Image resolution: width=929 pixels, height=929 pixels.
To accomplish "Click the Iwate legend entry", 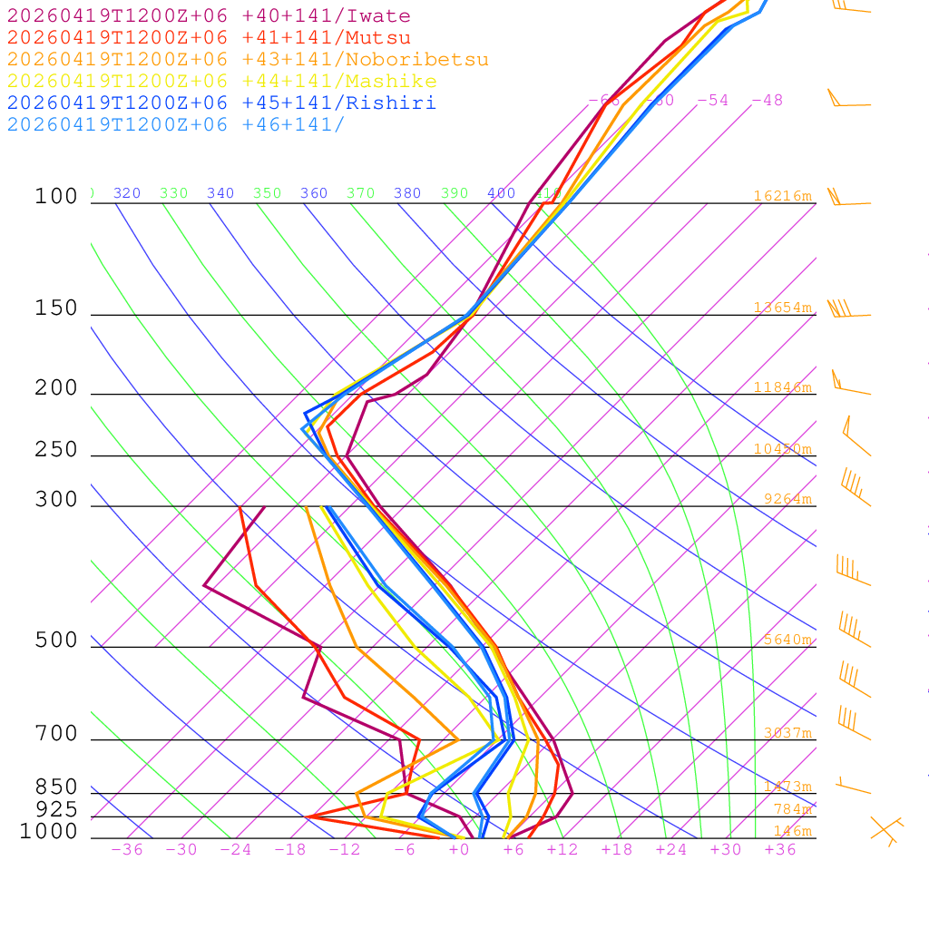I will tap(209, 16).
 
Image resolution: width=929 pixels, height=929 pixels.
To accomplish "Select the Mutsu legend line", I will tap(209, 38).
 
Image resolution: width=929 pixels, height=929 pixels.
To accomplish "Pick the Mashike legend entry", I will tap(221, 82).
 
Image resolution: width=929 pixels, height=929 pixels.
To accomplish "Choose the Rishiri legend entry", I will tap(221, 103).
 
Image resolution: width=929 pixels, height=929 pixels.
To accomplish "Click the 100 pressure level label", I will tap(56, 196).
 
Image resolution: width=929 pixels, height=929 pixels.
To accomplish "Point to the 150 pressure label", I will tap(56, 308).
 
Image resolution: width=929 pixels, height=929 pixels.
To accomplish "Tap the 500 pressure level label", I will tap(56, 641).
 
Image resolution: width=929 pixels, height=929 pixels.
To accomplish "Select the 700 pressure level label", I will tap(56, 734).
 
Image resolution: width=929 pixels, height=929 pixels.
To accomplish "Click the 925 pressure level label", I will tap(56, 809).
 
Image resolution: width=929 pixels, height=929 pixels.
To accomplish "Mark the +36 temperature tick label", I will tap(780, 850).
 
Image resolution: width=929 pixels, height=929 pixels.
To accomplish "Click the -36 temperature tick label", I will tap(127, 850).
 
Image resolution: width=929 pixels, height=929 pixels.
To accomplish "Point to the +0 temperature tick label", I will tap(459, 850).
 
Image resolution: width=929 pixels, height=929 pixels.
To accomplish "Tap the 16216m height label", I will tap(783, 196).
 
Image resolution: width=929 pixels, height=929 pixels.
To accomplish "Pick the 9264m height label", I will tap(787, 499).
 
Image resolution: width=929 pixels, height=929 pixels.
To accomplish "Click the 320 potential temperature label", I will tap(127, 193).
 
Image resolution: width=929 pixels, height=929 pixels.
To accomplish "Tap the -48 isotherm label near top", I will tap(767, 101).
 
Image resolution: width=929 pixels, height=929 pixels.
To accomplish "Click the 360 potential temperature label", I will tap(314, 193).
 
